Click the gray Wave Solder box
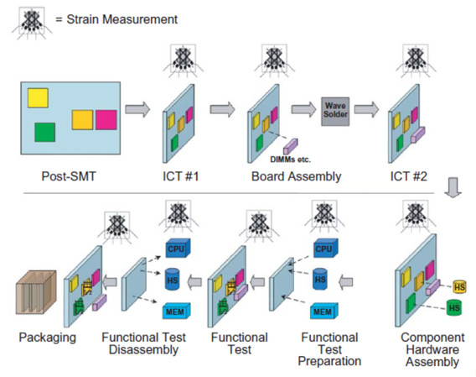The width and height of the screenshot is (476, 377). (335, 112)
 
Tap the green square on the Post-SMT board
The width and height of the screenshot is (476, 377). (44, 133)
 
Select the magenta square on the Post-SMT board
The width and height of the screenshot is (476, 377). (106, 120)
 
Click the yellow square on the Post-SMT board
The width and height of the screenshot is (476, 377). (38, 98)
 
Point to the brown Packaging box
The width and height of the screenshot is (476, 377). (36, 292)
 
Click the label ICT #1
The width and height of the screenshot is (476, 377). (181, 176)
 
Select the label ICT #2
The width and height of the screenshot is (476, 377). (409, 176)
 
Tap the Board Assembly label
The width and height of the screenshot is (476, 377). (297, 177)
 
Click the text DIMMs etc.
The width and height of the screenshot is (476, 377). (290, 160)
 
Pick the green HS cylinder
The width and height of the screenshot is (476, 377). (454, 307)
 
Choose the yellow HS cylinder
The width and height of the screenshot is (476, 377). (459, 286)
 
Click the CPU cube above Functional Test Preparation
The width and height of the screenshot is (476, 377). (325, 248)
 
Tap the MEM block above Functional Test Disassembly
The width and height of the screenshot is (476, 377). (176, 311)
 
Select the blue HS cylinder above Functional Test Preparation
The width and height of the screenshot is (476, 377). (319, 279)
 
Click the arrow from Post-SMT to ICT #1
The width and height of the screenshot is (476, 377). (137, 109)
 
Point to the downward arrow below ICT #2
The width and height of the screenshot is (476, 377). (453, 187)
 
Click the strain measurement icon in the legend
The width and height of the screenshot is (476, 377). (32, 23)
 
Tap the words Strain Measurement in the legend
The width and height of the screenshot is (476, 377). (122, 19)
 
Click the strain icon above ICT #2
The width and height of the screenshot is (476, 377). (416, 60)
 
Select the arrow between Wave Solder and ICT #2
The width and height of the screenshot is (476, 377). (366, 109)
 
